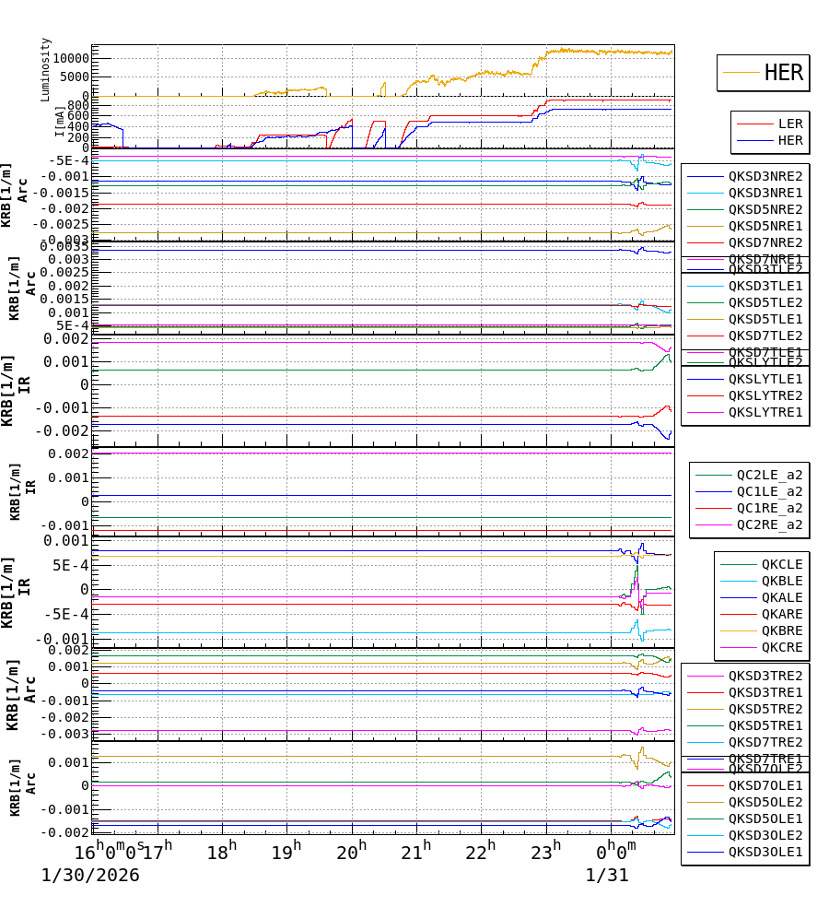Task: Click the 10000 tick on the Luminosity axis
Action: click(x=70, y=58)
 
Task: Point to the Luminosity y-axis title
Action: click(x=46, y=69)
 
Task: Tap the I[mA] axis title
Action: click(x=60, y=122)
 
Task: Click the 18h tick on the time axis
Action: click(x=221, y=849)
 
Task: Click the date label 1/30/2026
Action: click(x=90, y=875)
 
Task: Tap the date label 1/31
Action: click(x=606, y=875)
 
